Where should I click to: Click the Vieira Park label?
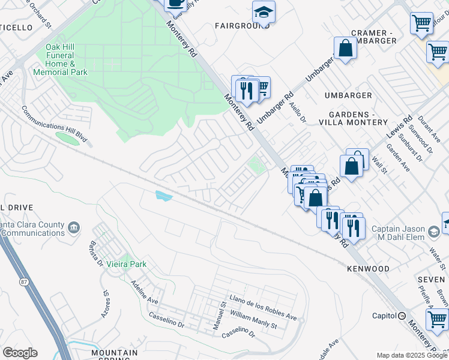[x=126, y=264]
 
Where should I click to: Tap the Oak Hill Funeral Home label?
[x=67, y=60]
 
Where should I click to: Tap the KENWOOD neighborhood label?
[x=368, y=269]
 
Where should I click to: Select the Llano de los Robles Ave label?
[x=263, y=307]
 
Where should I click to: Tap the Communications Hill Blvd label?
[x=55, y=125]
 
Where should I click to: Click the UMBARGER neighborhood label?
[x=348, y=95]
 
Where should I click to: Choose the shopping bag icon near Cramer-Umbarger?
[x=346, y=49]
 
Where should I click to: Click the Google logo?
[x=20, y=353]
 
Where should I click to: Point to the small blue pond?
[x=163, y=195]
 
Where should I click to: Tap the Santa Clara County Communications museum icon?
[x=74, y=227]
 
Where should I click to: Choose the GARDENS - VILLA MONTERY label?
[x=358, y=118]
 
